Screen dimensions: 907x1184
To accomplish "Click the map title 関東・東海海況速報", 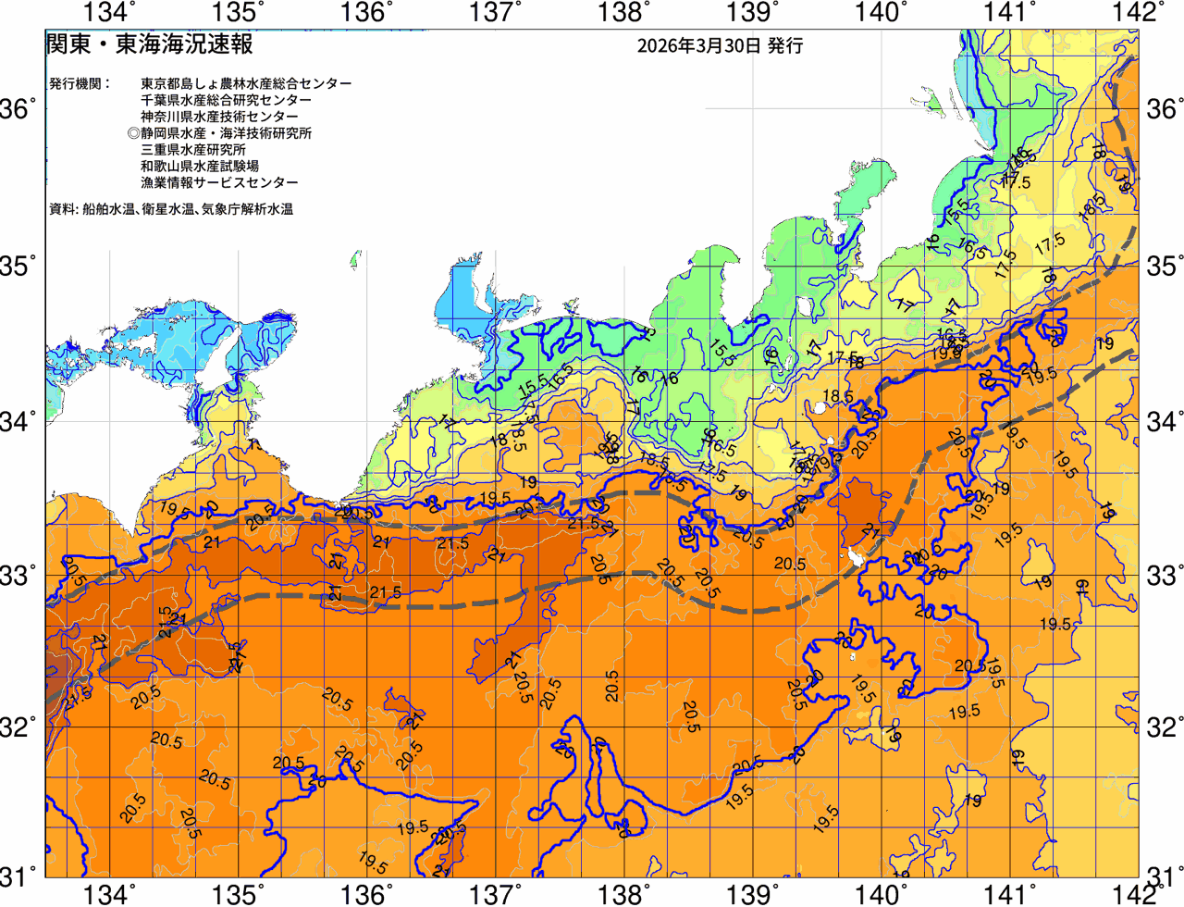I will [149, 43].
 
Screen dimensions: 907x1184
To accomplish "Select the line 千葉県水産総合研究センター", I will [226, 100].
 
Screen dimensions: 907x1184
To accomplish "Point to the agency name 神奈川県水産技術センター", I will [219, 117].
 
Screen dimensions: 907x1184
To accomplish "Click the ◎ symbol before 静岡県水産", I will [134, 133].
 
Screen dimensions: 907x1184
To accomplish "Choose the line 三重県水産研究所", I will [193, 150].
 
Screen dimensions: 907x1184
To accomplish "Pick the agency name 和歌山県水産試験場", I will [200, 167].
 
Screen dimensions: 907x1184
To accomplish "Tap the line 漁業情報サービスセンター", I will [219, 183].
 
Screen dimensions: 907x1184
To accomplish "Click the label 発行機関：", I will [80, 83].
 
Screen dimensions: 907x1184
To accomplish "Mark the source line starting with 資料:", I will [170, 210].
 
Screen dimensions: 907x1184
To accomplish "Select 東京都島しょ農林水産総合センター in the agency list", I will [246, 83].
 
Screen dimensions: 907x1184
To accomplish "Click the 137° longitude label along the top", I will [492, 12].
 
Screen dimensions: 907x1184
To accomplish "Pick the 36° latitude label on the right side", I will [1165, 109].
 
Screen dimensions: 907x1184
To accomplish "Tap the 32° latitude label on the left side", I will [18, 727].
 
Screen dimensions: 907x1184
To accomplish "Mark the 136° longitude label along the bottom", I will [364, 894].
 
